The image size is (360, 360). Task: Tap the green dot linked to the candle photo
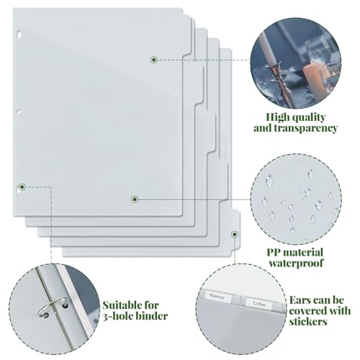154,59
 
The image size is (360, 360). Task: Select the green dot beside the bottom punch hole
22,186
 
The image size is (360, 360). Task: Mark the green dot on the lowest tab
235,234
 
